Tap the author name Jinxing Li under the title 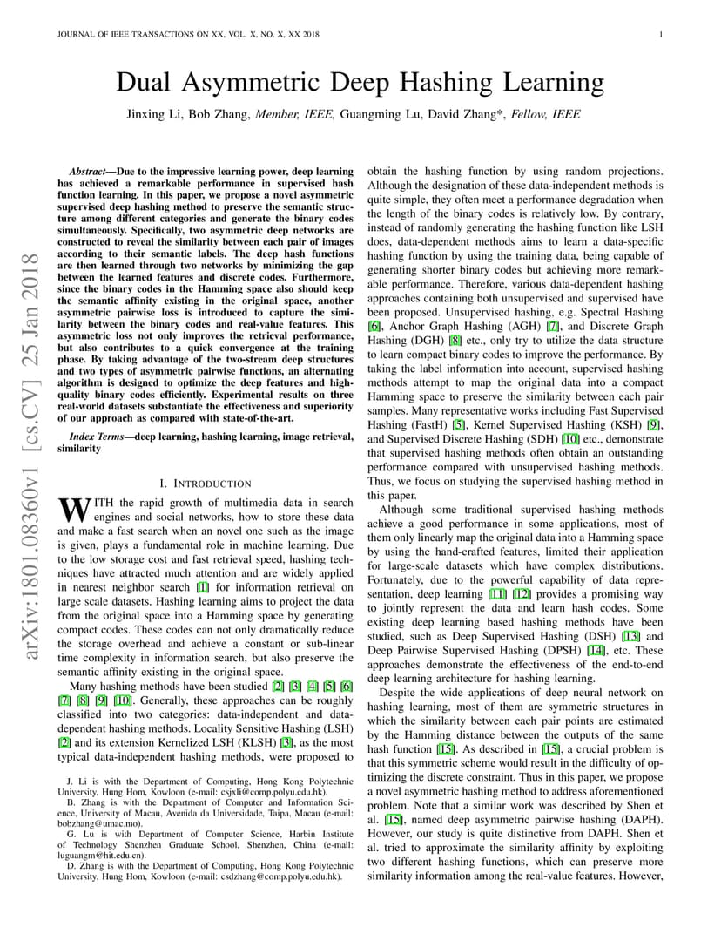pyautogui.click(x=160, y=114)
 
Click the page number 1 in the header pyautogui.click(x=662, y=35)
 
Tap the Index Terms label pyautogui.click(x=95, y=436)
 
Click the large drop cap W pyautogui.click(x=72, y=507)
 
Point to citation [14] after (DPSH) pyautogui.click(x=596, y=650)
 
